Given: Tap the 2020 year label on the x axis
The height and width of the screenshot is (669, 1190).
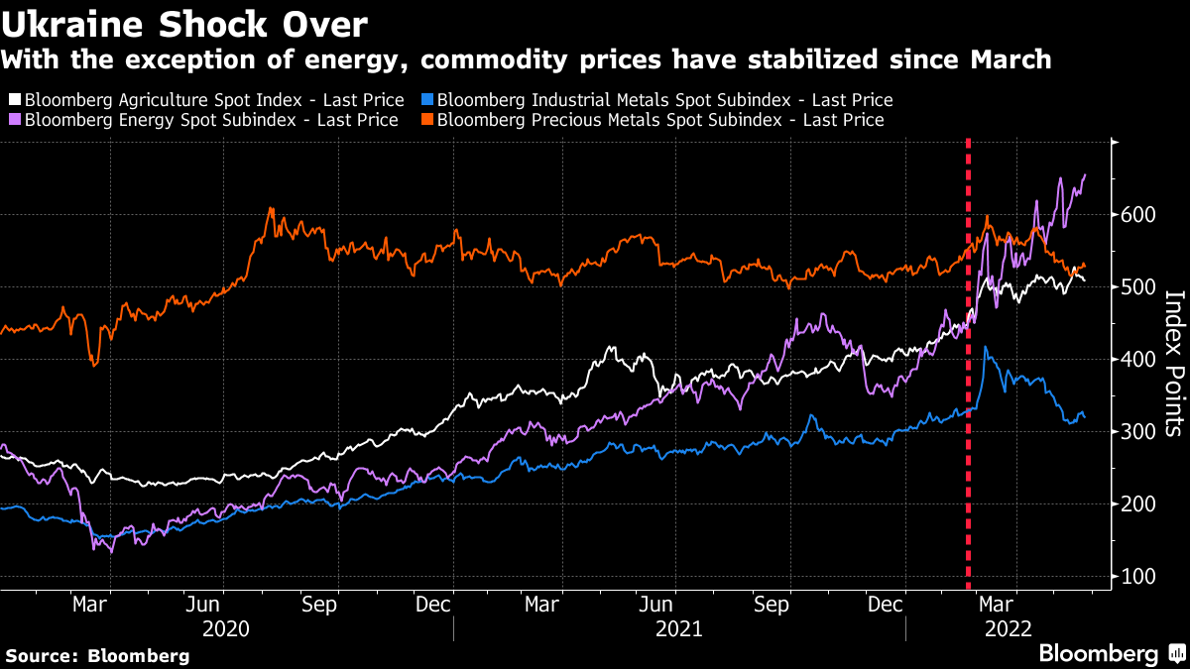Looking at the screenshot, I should (225, 628).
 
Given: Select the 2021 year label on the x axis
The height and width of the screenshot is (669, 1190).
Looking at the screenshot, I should (679, 628).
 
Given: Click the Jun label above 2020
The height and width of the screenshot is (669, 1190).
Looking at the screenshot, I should (202, 604).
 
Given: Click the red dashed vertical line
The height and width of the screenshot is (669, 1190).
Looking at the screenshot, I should (968, 396).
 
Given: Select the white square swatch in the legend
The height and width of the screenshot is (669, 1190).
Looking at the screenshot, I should (15, 100).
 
